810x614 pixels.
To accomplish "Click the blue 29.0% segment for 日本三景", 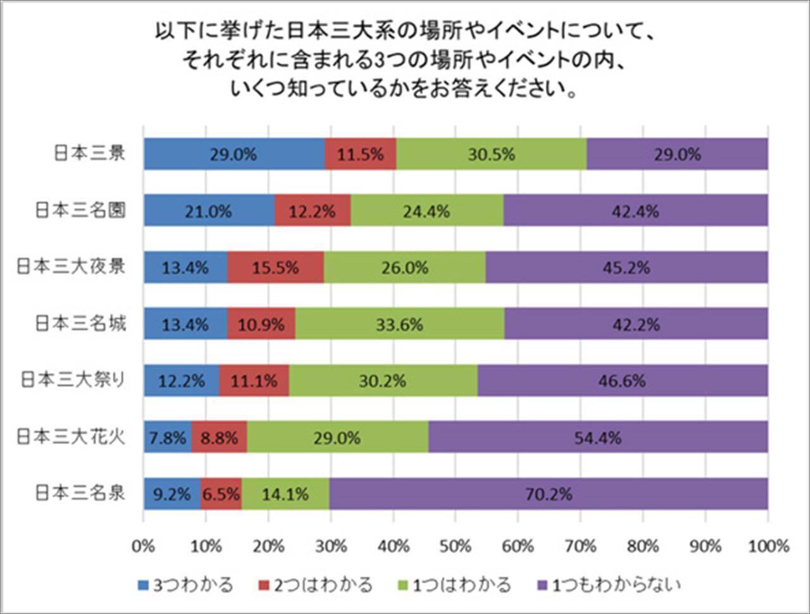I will point(234,154).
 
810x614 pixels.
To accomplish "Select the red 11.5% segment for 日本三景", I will point(361,154).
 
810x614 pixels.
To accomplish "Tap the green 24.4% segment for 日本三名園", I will point(427,211).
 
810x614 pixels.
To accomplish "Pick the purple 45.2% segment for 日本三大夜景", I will point(626,267).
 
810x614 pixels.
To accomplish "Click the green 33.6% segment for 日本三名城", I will point(400,324).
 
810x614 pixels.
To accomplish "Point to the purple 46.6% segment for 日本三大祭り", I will point(623,381).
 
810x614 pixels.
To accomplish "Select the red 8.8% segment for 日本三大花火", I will point(219,437).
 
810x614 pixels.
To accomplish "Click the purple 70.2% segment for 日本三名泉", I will point(548,493).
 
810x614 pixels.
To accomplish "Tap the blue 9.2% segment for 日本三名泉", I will point(172,493).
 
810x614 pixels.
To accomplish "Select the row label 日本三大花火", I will point(71,436).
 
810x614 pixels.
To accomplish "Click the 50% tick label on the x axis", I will point(456,546).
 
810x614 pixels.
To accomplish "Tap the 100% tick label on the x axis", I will point(768,546).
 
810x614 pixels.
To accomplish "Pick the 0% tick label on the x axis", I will point(144,546).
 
